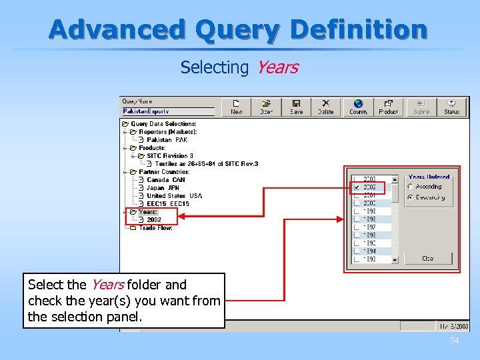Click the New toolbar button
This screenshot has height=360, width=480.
point(237,107)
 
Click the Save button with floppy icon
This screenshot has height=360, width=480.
point(297,107)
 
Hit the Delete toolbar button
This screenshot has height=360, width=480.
point(326,107)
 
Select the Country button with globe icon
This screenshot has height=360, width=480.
point(358,107)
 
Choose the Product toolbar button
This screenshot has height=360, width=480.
point(388,107)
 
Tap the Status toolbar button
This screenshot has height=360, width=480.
point(452,107)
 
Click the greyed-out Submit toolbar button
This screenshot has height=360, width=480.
point(421,107)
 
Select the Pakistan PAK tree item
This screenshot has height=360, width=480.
point(167,140)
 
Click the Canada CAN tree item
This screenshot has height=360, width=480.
point(165,180)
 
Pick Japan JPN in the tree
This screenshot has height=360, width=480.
point(163,188)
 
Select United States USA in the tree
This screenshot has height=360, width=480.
point(173,196)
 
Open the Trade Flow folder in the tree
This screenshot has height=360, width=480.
point(155,228)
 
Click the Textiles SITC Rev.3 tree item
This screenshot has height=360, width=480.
point(206,164)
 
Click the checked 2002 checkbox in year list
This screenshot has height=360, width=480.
point(357,187)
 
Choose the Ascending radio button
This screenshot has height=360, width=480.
point(410,187)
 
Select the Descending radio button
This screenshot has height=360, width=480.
point(410,197)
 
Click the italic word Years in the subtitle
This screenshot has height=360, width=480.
point(277,67)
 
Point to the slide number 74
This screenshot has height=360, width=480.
point(455,341)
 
